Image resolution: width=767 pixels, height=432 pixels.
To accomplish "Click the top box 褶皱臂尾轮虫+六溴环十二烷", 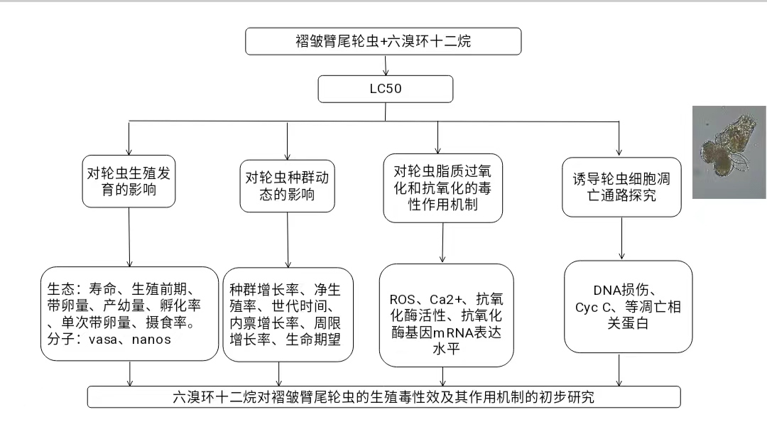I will coord(383,41).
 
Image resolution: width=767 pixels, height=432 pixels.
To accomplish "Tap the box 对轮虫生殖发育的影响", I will coord(129,183).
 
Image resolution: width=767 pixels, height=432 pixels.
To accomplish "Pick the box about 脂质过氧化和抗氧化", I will coord(443,188).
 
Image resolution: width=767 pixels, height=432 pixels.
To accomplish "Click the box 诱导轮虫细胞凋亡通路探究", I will coord(621,186).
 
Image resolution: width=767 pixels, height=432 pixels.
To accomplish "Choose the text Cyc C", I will coord(591,307).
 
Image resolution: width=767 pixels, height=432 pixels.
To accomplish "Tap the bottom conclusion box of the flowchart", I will coord(383,396).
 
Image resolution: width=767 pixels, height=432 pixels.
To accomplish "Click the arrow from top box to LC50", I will coord(385,65).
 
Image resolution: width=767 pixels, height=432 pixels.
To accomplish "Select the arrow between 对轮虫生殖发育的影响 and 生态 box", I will coord(129,237).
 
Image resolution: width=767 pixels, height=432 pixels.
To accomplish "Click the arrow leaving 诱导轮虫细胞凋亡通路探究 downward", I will coord(621,238).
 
